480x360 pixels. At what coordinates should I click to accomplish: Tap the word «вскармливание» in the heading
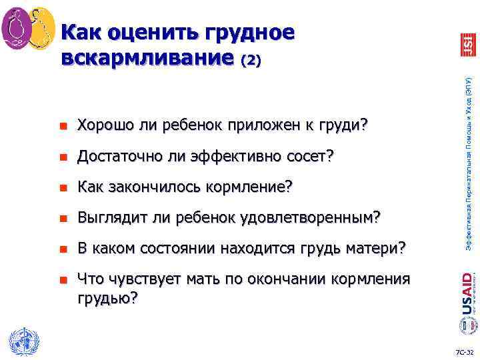(148, 58)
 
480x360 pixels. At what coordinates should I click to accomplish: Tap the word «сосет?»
(311, 157)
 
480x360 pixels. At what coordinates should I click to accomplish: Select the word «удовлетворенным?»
(311, 218)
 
